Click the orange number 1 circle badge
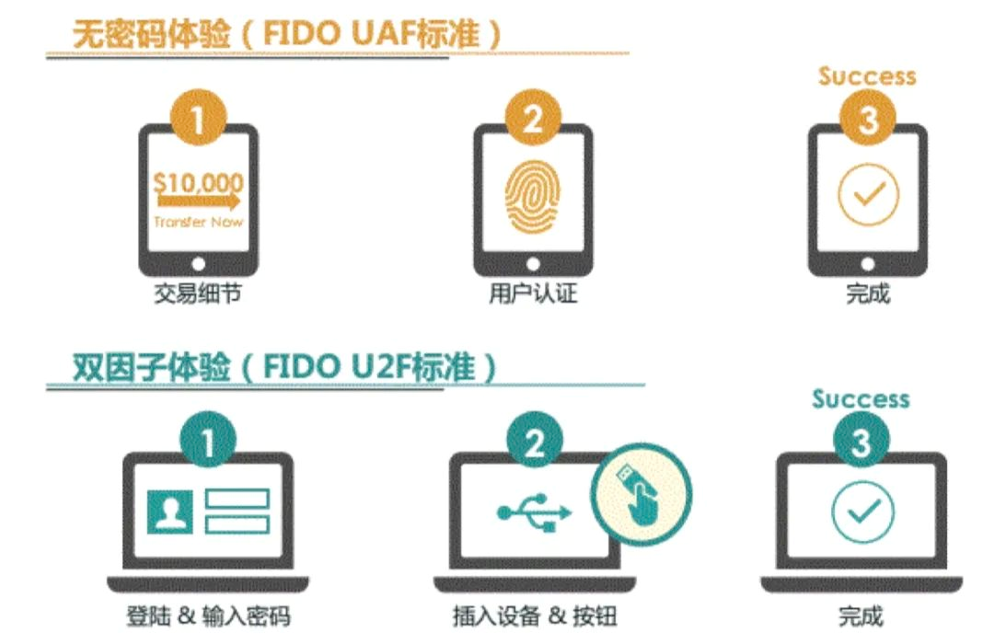(x=198, y=119)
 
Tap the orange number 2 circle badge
(x=532, y=119)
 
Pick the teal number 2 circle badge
(x=534, y=443)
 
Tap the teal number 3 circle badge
(x=861, y=443)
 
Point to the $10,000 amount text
(x=198, y=181)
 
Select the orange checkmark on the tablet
(x=867, y=194)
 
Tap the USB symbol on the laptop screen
(x=534, y=512)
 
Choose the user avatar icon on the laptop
(x=172, y=512)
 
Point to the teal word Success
(x=861, y=399)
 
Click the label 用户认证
(x=533, y=295)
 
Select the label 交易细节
(x=198, y=295)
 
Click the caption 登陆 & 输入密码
(x=207, y=615)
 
